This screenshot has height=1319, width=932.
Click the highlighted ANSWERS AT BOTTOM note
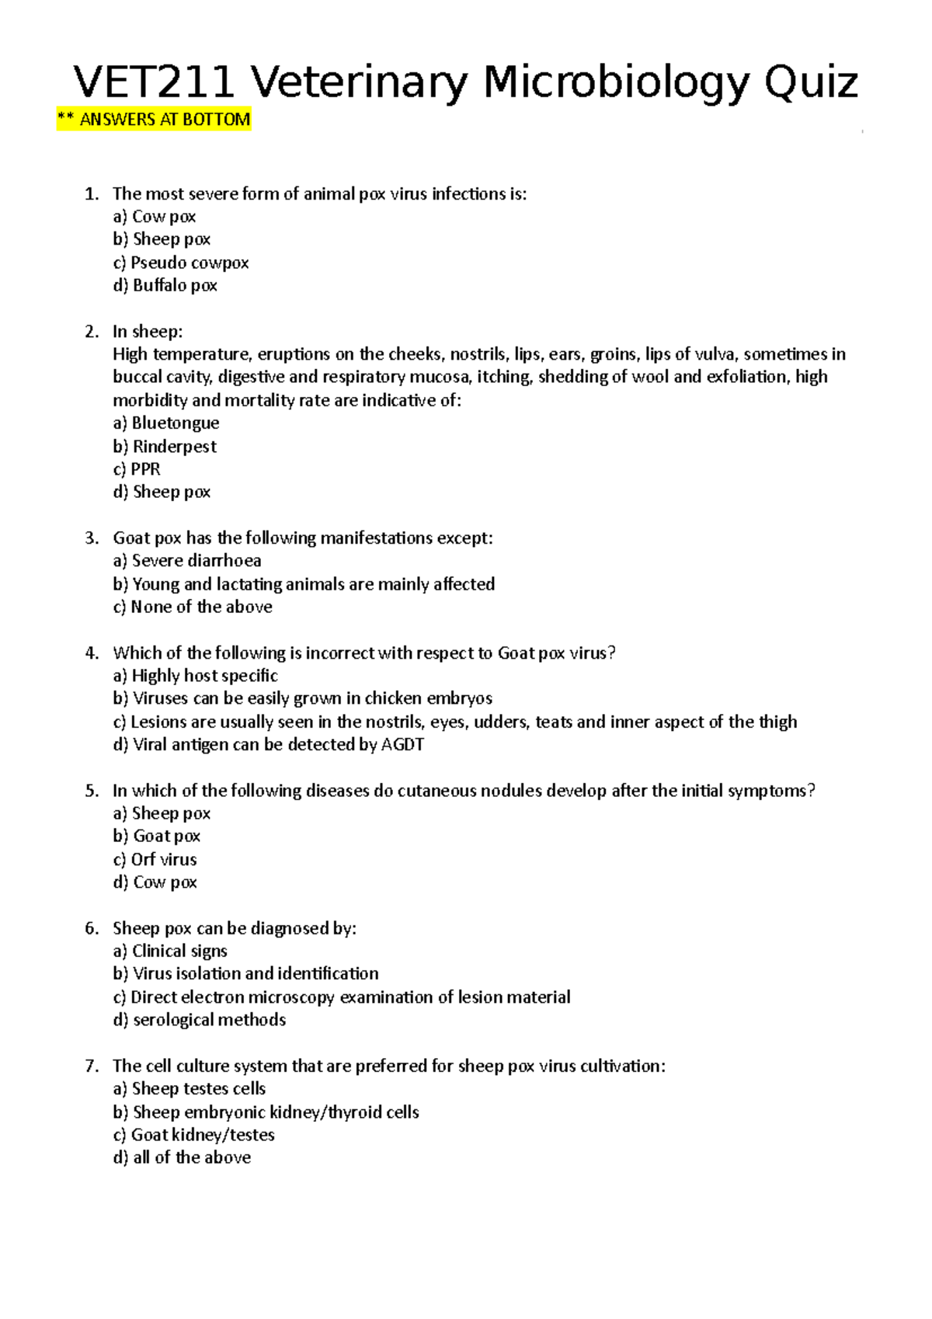point(154,120)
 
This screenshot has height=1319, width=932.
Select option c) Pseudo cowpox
point(181,263)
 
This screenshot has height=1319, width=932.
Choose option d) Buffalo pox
point(165,286)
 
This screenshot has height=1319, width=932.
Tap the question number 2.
point(92,332)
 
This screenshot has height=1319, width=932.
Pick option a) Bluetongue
point(166,423)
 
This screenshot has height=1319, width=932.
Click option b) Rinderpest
point(165,447)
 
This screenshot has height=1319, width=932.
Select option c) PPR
point(137,469)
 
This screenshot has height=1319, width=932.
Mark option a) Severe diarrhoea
point(187,561)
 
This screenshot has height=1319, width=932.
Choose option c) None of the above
point(193,607)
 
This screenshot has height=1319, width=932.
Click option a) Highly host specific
point(196,676)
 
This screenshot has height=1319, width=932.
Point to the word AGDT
point(402,745)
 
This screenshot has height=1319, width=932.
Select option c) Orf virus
point(155,860)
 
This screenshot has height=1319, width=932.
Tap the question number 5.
point(92,791)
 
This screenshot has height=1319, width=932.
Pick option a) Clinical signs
point(170,952)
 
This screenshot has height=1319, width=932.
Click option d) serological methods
point(200,1020)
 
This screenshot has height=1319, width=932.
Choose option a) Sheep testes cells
point(190,1089)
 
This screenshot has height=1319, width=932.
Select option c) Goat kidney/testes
point(194,1135)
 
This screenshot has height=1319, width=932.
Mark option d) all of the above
point(182,1157)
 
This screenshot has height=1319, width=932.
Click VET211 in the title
point(154,83)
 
